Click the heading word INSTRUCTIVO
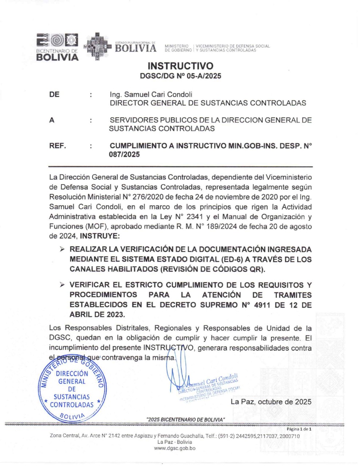tap(180, 66)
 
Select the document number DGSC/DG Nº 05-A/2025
tap(180, 76)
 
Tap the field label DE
tap(54, 95)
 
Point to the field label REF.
tap(58, 146)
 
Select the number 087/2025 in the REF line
tap(124, 154)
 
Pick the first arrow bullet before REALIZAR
tap(63, 250)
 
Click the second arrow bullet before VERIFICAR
tap(63, 285)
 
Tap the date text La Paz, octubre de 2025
tap(271, 402)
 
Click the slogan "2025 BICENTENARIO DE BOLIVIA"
tap(185, 419)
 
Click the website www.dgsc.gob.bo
tap(174, 448)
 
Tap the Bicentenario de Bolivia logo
tap(58, 47)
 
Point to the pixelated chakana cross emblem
tap(96, 47)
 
